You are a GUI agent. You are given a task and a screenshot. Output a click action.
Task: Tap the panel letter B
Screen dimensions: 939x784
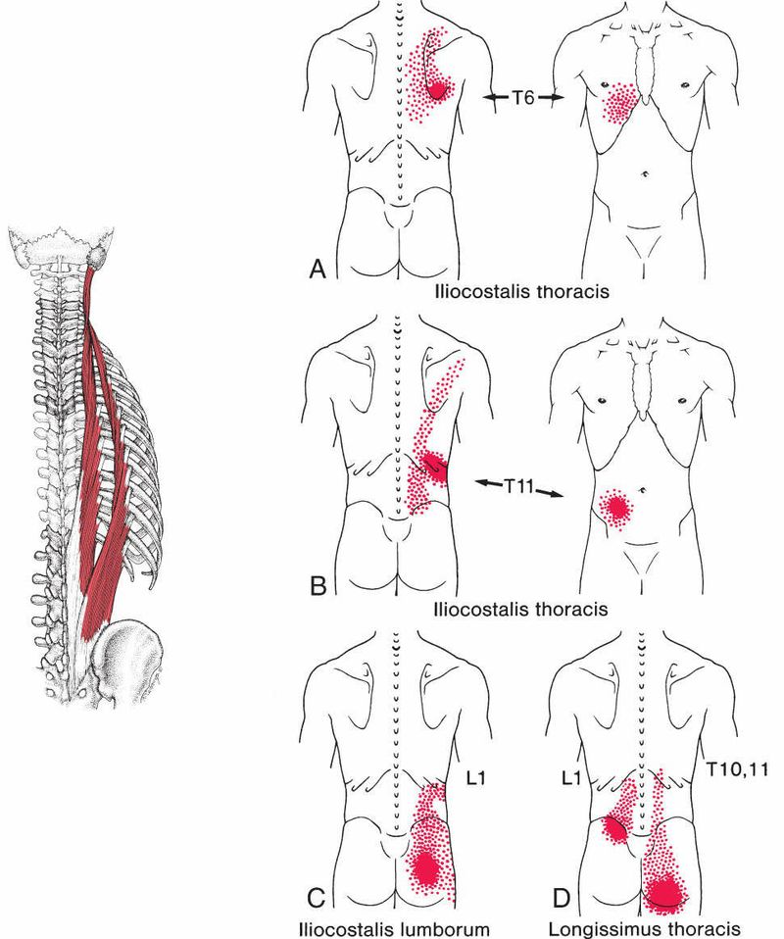pos(317,587)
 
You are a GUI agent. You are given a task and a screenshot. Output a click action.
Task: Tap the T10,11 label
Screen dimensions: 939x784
pos(737,771)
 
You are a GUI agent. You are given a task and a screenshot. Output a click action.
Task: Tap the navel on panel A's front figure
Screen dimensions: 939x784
pos(645,173)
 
